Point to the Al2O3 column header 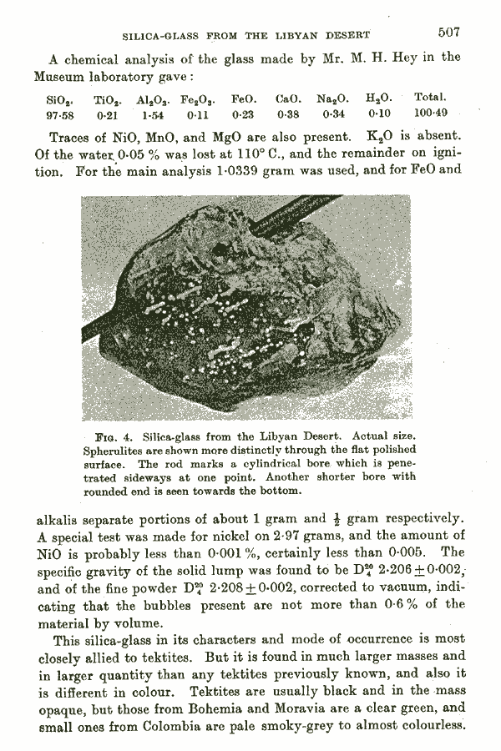[x=155, y=98]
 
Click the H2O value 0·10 [x=379, y=113]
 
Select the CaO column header [x=288, y=98]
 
